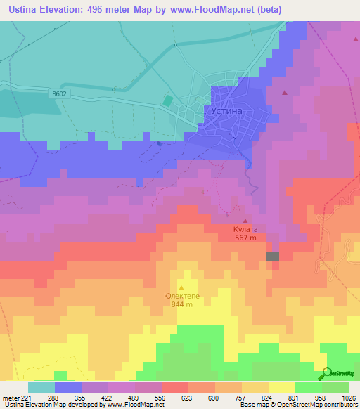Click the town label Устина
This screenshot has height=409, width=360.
point(226,111)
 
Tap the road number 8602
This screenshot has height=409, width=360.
point(60,92)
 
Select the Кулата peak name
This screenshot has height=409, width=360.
point(245,229)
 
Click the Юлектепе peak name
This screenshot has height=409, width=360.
point(181,296)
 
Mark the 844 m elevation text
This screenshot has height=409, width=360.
point(181,305)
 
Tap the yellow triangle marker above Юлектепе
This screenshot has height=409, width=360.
point(181,287)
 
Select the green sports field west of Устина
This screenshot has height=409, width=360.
point(167,101)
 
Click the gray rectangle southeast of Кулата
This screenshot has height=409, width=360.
point(272,257)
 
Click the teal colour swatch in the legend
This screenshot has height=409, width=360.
point(41,387)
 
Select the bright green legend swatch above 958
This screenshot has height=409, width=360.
point(308,387)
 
